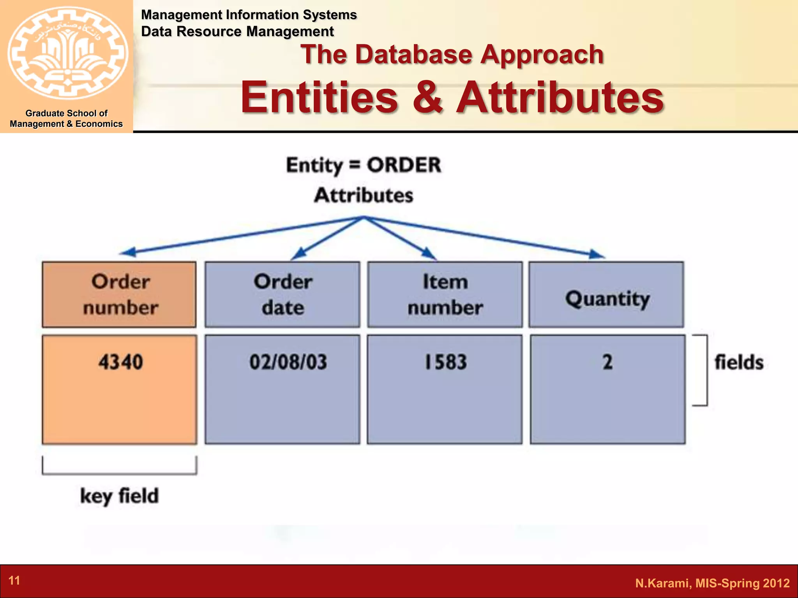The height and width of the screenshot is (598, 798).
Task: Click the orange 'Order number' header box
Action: tap(119, 294)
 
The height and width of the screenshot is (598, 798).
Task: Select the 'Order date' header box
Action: tap(282, 294)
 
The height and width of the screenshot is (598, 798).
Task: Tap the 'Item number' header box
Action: tap(445, 294)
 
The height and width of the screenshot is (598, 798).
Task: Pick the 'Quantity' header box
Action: tap(606, 294)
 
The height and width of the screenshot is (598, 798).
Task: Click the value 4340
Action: tap(120, 362)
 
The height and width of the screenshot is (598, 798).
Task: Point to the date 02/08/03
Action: tap(288, 362)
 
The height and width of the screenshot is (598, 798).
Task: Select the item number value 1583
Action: tap(446, 362)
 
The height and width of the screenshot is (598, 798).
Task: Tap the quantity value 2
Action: tap(607, 362)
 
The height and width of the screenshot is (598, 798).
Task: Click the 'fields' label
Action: tap(739, 362)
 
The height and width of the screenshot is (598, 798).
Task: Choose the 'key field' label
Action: tap(119, 496)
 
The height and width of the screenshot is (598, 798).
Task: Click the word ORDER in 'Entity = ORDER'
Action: tap(404, 165)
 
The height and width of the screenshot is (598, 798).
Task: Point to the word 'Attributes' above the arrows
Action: tap(364, 195)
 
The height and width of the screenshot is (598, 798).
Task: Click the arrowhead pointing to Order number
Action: tap(128, 253)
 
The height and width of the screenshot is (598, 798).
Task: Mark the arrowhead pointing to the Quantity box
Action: tap(597, 255)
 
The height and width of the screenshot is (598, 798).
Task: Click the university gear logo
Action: tap(67, 53)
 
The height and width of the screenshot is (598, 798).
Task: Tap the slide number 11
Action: tap(14, 580)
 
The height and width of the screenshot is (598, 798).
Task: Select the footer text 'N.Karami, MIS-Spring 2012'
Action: tap(712, 583)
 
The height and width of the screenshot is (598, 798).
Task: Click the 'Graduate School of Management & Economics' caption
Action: tap(66, 118)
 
